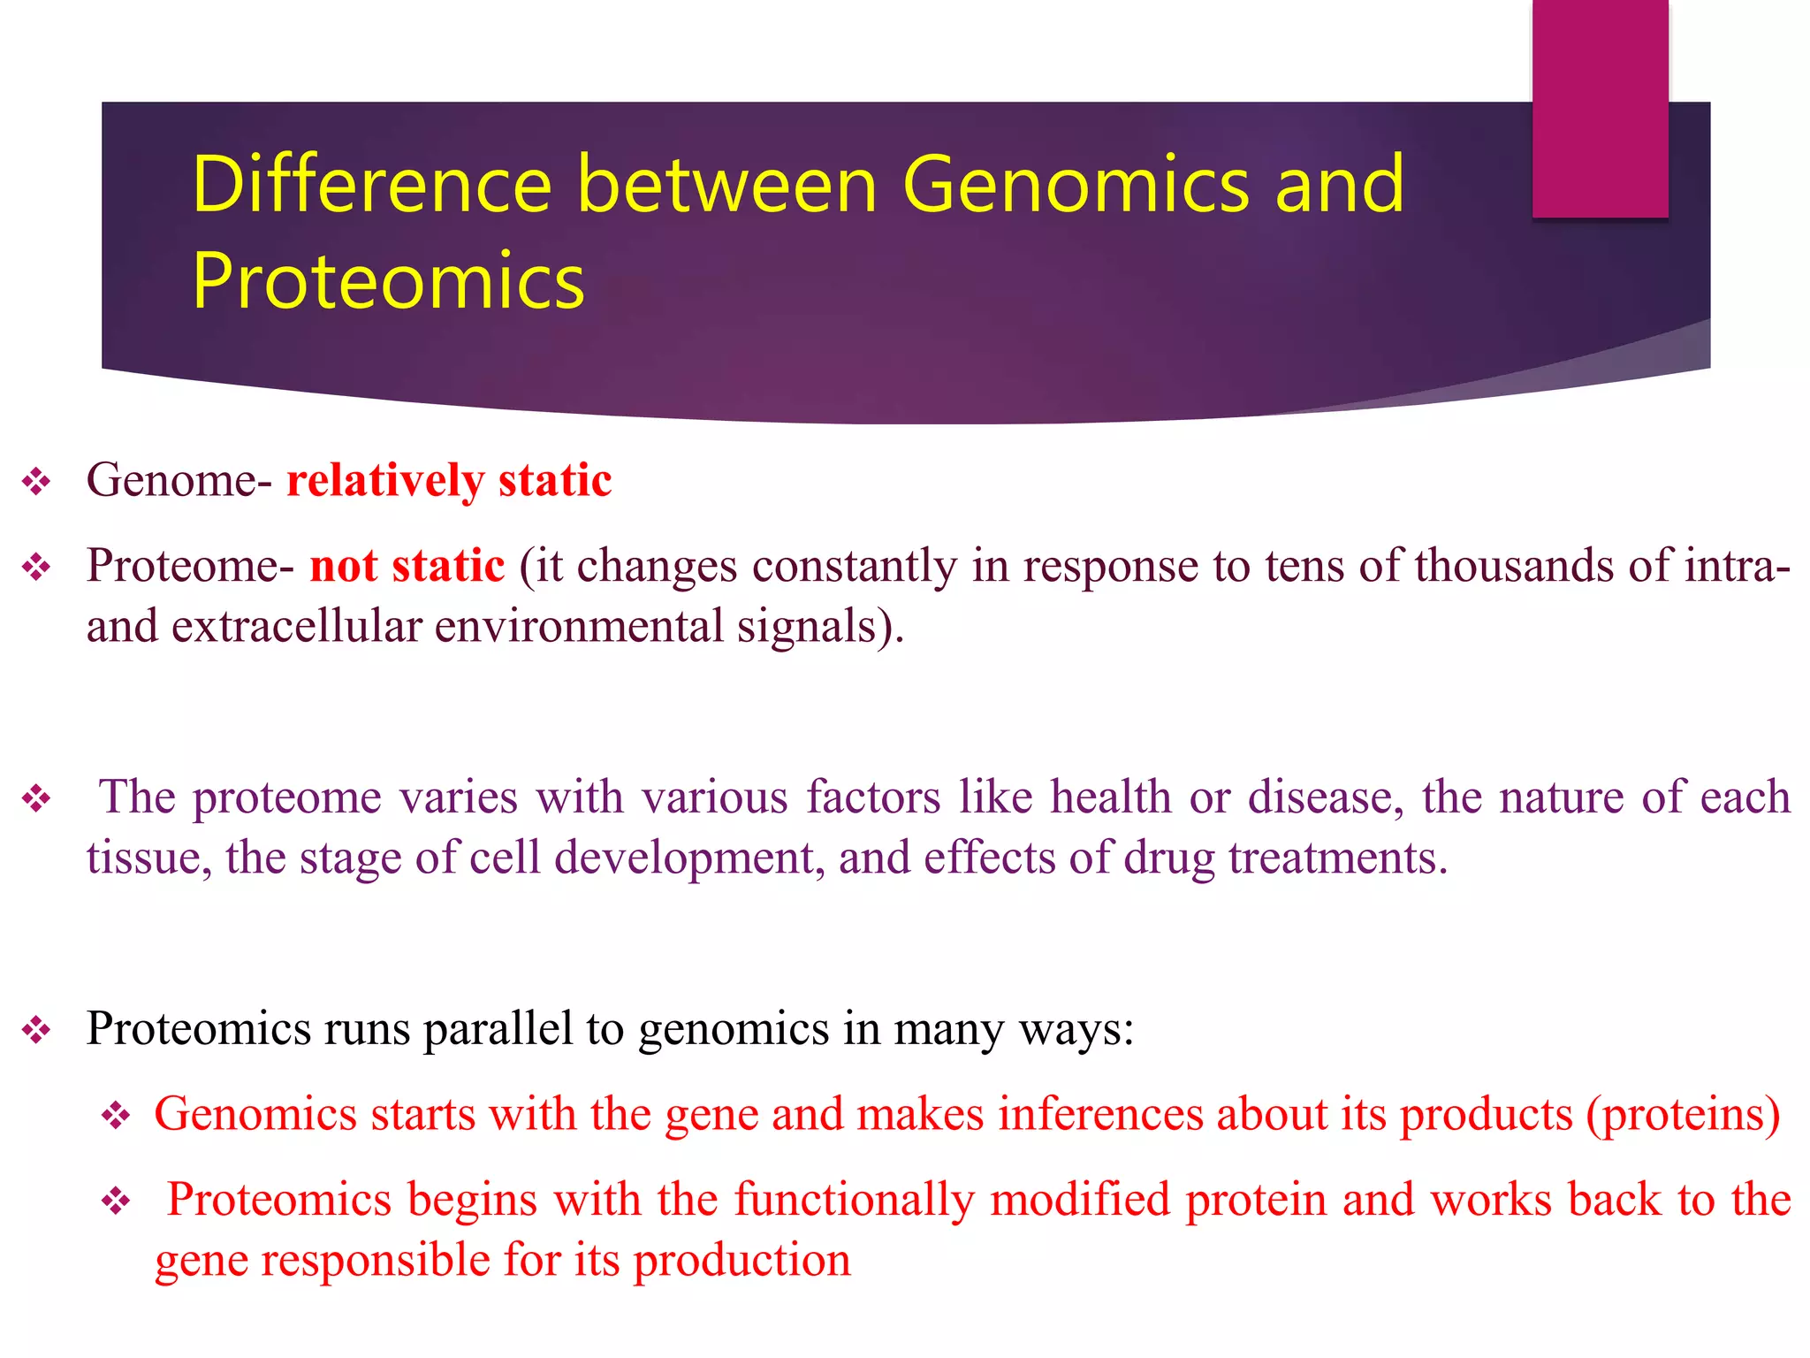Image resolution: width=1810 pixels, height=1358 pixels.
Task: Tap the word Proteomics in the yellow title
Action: [x=388, y=281]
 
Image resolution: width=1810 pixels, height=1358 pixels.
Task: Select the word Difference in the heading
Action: [x=371, y=185]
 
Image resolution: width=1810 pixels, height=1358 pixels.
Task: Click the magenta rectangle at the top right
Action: [x=1600, y=108]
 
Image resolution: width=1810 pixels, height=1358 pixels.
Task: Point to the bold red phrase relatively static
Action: [x=449, y=481]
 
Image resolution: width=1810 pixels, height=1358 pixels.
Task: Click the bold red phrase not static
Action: [x=407, y=566]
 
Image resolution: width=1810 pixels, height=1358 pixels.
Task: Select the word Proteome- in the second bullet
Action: [x=190, y=566]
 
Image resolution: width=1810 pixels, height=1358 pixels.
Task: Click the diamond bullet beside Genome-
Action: [x=36, y=483]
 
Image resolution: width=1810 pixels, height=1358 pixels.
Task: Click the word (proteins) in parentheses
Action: [x=1683, y=1114]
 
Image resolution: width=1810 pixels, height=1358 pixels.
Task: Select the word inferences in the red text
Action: [x=1100, y=1114]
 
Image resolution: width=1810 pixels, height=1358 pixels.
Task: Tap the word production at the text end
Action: [x=742, y=1260]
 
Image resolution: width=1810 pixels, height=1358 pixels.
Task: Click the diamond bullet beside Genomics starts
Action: [x=116, y=1116]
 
